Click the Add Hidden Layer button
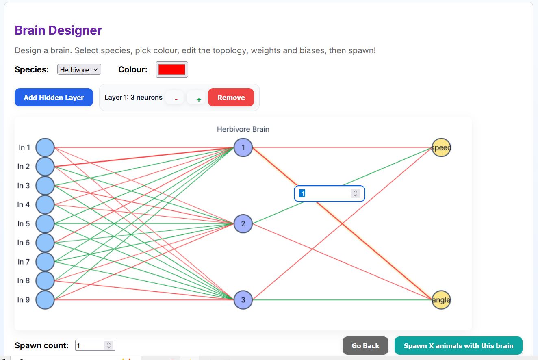click(x=54, y=97)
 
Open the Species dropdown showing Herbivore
click(x=79, y=69)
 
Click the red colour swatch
click(x=172, y=69)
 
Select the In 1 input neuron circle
click(x=45, y=147)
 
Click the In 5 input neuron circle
click(x=45, y=223)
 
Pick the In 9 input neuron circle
click(x=45, y=300)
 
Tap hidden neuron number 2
click(x=243, y=223)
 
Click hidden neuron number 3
click(x=243, y=300)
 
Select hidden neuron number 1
click(x=243, y=147)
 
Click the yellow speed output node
click(x=441, y=147)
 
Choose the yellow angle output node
click(x=441, y=300)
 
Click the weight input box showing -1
click(x=329, y=193)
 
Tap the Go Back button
click(x=365, y=346)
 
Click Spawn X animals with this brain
click(x=458, y=346)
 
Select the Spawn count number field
click(x=95, y=345)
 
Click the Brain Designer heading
click(x=59, y=30)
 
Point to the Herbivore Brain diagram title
click(x=243, y=129)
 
